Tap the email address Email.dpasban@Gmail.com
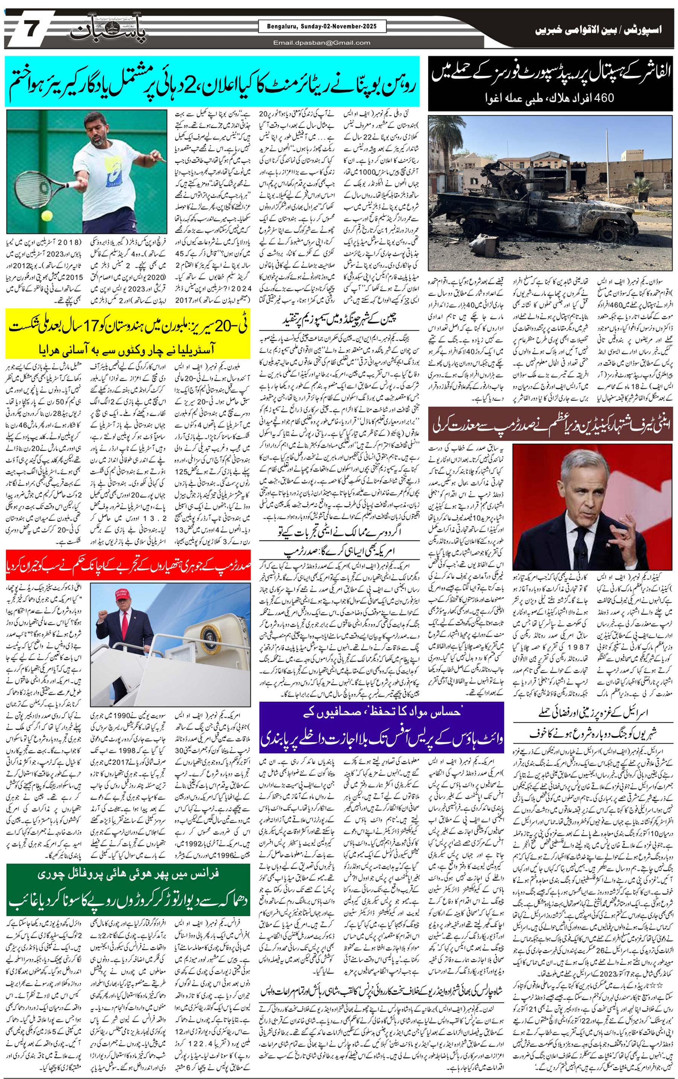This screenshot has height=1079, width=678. [x=322, y=43]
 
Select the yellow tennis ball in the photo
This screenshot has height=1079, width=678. [x=46, y=216]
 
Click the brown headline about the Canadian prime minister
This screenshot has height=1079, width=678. [x=551, y=428]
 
